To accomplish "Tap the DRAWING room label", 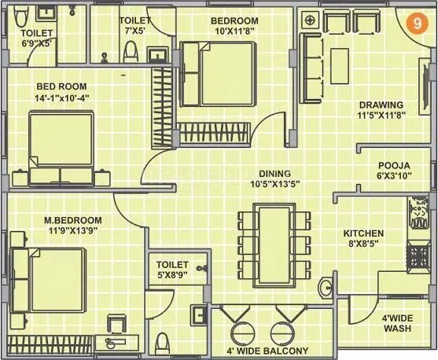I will (x=381, y=105).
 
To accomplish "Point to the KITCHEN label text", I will (x=363, y=233).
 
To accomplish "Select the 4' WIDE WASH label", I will (x=397, y=323).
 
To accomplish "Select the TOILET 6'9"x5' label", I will (x=36, y=39).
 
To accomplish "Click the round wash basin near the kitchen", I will (x=326, y=289).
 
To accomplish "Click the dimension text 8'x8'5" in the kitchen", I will (x=363, y=244).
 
